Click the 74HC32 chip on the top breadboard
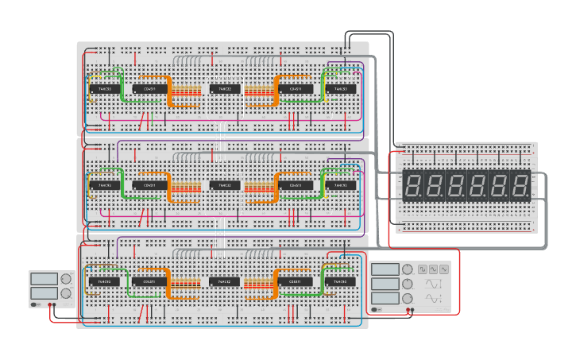click(x=225, y=89)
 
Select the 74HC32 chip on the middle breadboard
click(x=225, y=185)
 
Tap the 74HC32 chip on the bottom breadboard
click(x=225, y=281)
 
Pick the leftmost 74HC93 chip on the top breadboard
click(x=104, y=89)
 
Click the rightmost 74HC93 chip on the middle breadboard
click(x=341, y=185)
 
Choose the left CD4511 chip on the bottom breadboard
click(x=149, y=281)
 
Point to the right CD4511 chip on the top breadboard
click(x=295, y=89)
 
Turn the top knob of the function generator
click(x=408, y=269)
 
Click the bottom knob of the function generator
click(x=408, y=298)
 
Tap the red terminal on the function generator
click(x=411, y=310)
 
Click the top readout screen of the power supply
click(x=44, y=279)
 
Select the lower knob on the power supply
click(x=66, y=293)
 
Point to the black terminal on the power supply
click(x=48, y=305)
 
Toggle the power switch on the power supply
click(x=34, y=305)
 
